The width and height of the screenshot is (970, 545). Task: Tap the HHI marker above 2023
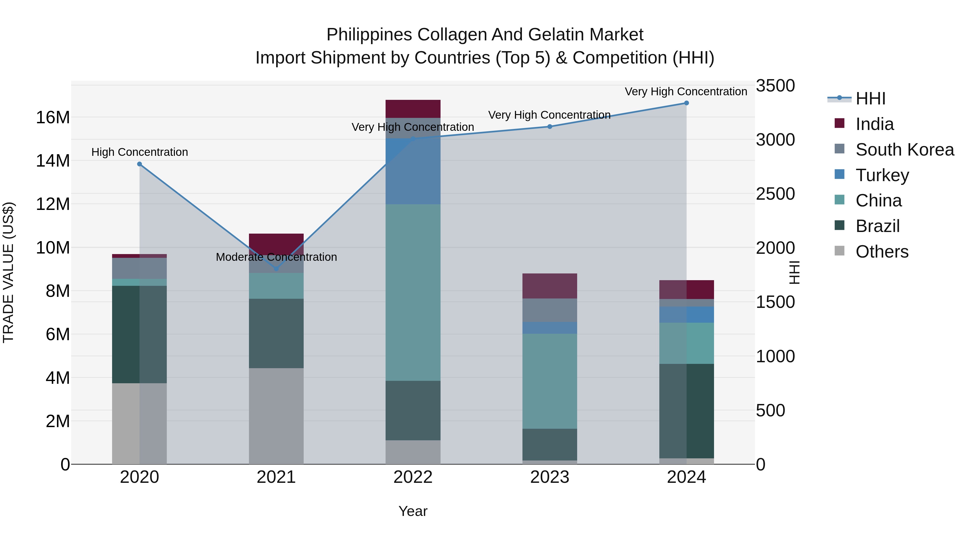click(549, 127)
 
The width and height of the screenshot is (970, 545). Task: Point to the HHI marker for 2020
click(139, 164)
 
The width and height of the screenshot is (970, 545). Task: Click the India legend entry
click(874, 124)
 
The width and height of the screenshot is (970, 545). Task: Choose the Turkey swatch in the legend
click(839, 174)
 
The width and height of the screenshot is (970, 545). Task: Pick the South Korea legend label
click(905, 150)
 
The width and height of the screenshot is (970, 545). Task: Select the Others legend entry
click(882, 252)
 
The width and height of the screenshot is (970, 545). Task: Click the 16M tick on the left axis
click(53, 117)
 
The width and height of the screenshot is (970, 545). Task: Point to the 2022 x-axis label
click(413, 477)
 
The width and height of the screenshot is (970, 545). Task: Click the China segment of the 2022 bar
click(413, 292)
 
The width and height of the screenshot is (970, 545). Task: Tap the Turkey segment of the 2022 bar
click(413, 171)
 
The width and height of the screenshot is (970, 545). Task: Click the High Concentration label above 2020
click(139, 152)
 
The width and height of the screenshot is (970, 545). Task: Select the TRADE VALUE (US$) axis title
click(8, 272)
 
